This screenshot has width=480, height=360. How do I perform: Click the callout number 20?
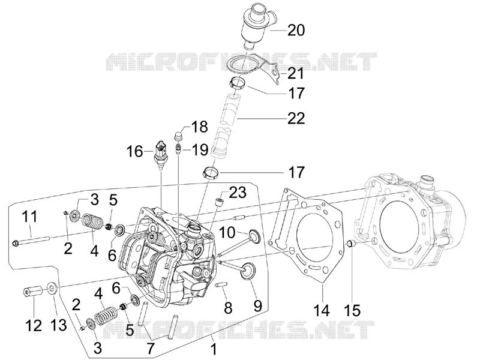296,31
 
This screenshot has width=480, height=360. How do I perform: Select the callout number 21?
296,73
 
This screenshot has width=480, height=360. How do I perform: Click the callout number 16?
135,151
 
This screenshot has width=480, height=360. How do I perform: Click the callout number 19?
200,150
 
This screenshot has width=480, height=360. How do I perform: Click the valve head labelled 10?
254,235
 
